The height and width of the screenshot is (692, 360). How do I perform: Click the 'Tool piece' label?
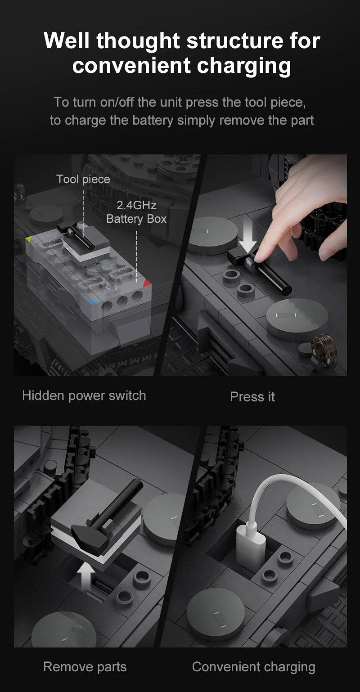83,179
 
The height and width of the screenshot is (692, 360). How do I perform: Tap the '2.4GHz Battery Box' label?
137,212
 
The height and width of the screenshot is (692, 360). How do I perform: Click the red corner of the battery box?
147,283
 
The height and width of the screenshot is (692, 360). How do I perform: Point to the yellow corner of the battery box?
28,239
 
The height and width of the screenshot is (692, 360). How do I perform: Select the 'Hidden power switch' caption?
84,396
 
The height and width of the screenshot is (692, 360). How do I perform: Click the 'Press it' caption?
252,397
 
